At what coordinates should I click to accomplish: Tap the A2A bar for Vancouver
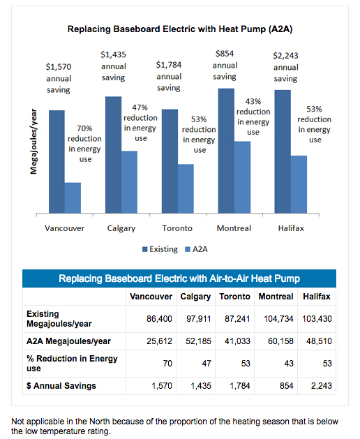73,198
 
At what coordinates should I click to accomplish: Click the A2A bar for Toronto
186,189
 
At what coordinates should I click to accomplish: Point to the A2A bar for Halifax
299,185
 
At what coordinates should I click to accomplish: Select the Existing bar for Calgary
113,155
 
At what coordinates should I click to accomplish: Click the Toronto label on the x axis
177,228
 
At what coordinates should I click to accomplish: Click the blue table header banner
179,278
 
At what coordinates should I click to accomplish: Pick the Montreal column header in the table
276,297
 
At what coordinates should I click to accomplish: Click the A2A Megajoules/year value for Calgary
196,341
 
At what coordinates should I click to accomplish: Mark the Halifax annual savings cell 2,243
319,386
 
